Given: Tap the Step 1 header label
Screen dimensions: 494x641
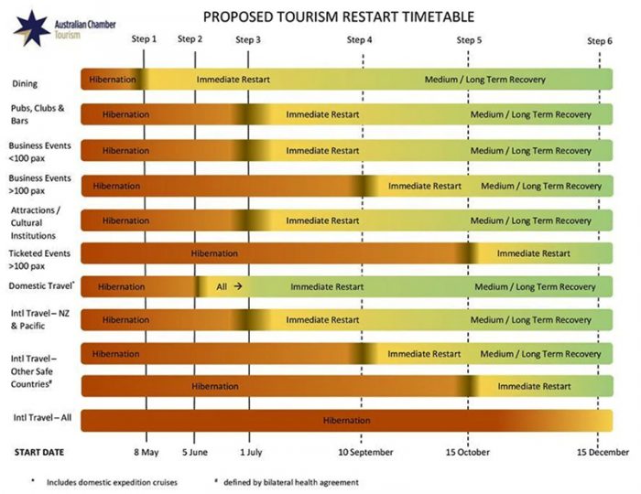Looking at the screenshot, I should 144,39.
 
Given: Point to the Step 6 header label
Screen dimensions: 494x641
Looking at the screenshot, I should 600,39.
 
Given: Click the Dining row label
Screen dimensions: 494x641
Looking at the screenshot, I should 25,84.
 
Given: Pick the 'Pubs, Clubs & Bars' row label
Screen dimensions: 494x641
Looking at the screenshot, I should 36,114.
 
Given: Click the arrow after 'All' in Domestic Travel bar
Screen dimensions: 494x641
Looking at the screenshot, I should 237,286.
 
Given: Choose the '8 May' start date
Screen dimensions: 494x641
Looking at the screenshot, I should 146,452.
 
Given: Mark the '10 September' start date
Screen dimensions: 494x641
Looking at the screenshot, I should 365,452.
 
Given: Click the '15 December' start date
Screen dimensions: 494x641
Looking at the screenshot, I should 603,452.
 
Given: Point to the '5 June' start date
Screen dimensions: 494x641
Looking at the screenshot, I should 193,452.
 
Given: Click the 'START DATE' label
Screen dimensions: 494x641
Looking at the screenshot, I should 38,452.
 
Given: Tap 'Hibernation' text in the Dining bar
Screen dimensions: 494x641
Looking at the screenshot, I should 113,80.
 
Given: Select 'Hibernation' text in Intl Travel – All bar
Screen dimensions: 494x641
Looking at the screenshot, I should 347,420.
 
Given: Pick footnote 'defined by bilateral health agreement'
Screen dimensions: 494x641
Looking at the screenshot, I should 293,482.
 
